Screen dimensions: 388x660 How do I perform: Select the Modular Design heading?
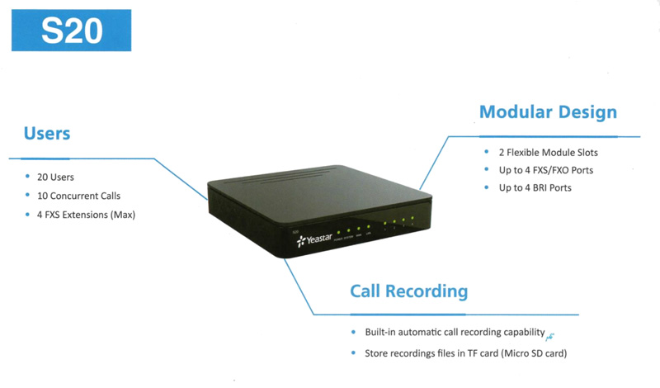(x=548, y=111)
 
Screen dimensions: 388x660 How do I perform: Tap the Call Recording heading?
(x=408, y=291)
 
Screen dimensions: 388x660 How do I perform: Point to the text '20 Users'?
(x=56, y=177)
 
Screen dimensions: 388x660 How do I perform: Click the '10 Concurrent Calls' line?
(x=78, y=196)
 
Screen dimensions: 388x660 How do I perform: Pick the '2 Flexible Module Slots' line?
(x=548, y=153)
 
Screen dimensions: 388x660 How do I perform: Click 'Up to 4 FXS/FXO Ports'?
(x=546, y=170)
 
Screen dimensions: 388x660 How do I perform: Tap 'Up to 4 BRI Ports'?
(x=536, y=187)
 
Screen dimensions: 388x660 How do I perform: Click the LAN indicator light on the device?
(x=368, y=227)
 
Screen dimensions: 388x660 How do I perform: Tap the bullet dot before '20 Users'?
(x=28, y=177)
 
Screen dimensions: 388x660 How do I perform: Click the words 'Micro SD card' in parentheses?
(x=535, y=353)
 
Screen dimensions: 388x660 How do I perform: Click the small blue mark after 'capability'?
(x=550, y=334)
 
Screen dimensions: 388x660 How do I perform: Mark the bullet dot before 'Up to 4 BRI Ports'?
(x=488, y=187)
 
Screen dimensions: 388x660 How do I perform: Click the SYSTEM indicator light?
(x=348, y=229)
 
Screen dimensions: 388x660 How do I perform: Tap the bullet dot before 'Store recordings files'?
(x=353, y=353)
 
